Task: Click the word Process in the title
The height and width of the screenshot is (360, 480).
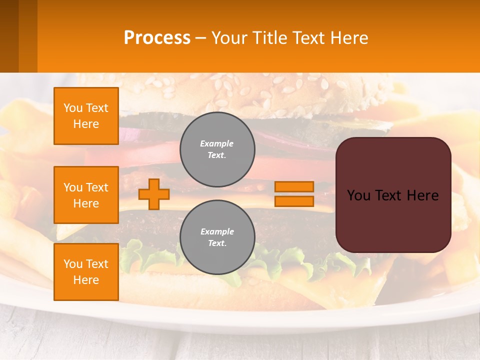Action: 157,38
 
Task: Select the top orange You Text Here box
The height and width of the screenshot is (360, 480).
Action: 86,116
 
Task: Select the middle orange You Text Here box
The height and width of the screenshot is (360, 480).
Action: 86,195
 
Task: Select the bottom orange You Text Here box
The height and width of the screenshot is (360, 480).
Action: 86,272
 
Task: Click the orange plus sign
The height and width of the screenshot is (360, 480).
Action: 154,194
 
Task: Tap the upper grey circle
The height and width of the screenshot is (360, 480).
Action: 217,149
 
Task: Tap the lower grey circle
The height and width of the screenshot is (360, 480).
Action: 217,237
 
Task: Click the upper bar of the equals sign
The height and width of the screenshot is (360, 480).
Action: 294,186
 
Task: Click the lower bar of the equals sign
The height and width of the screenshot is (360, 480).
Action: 294,201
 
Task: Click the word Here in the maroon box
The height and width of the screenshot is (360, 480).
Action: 423,195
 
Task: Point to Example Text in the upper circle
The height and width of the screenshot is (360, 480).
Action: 217,149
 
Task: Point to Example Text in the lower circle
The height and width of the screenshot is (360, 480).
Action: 217,237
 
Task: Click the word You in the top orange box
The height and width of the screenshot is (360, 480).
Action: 73,108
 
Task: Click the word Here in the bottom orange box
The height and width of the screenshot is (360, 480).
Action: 86,280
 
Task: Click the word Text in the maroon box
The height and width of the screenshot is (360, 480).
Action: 389,195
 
